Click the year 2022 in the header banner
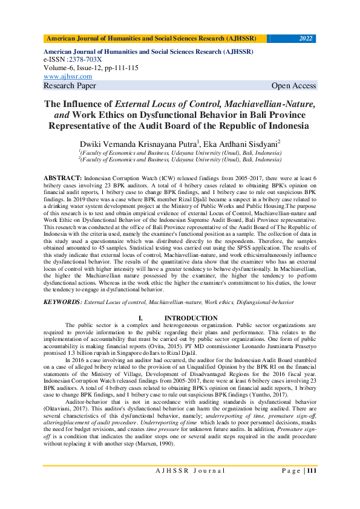click(306, 39)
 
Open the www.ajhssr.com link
click(68, 77)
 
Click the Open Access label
click(293, 86)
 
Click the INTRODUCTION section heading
click(191, 318)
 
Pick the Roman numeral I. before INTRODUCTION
click(140, 318)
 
